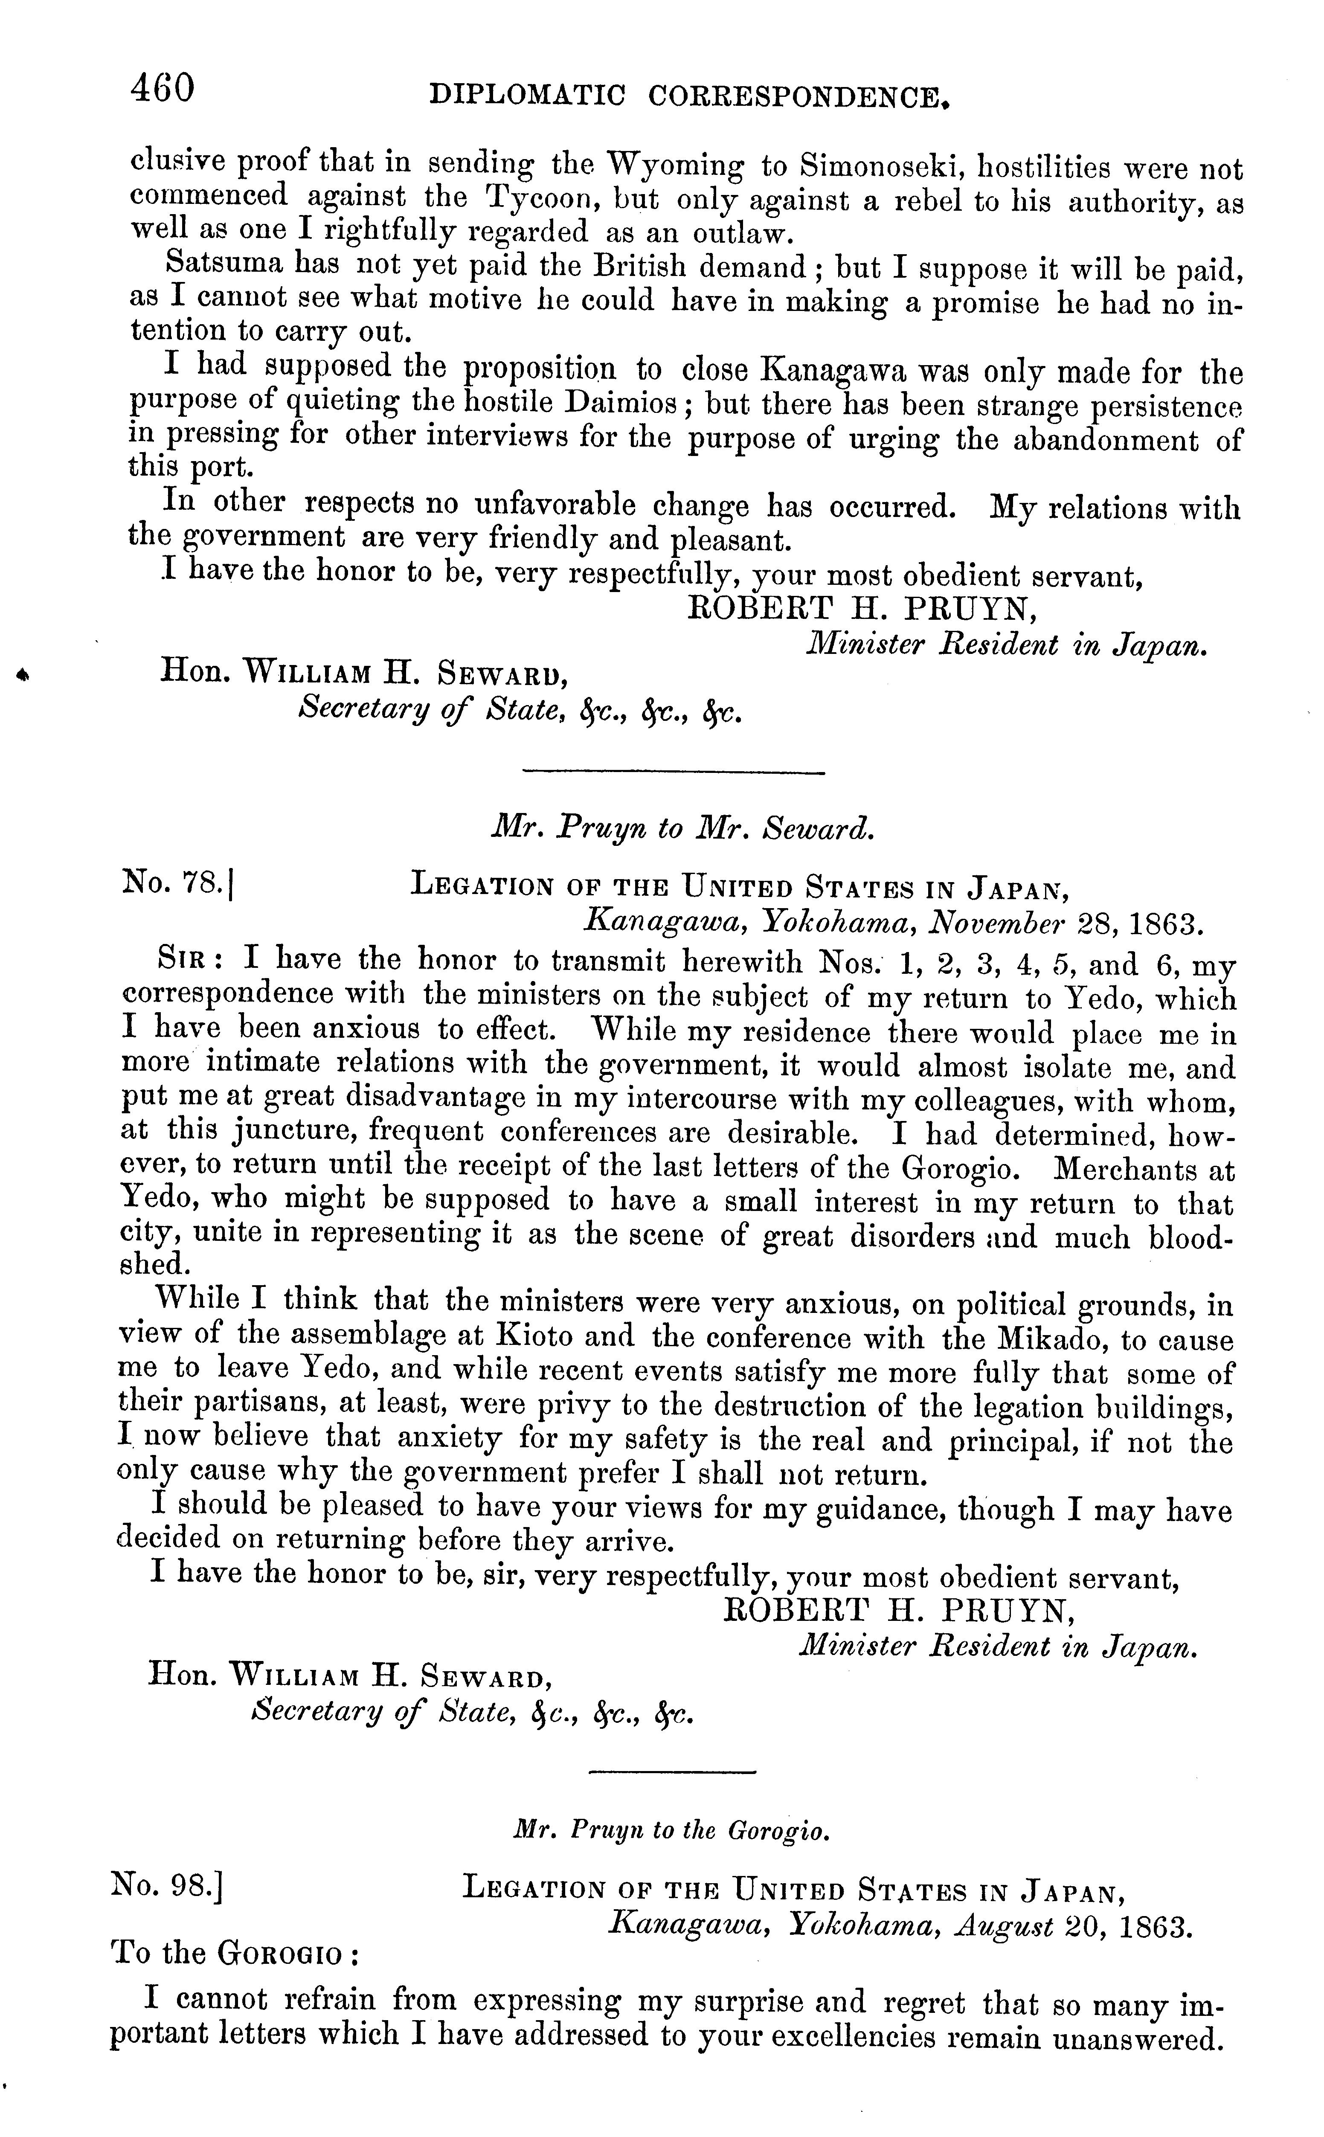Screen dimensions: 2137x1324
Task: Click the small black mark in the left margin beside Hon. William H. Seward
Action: pos(23,674)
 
